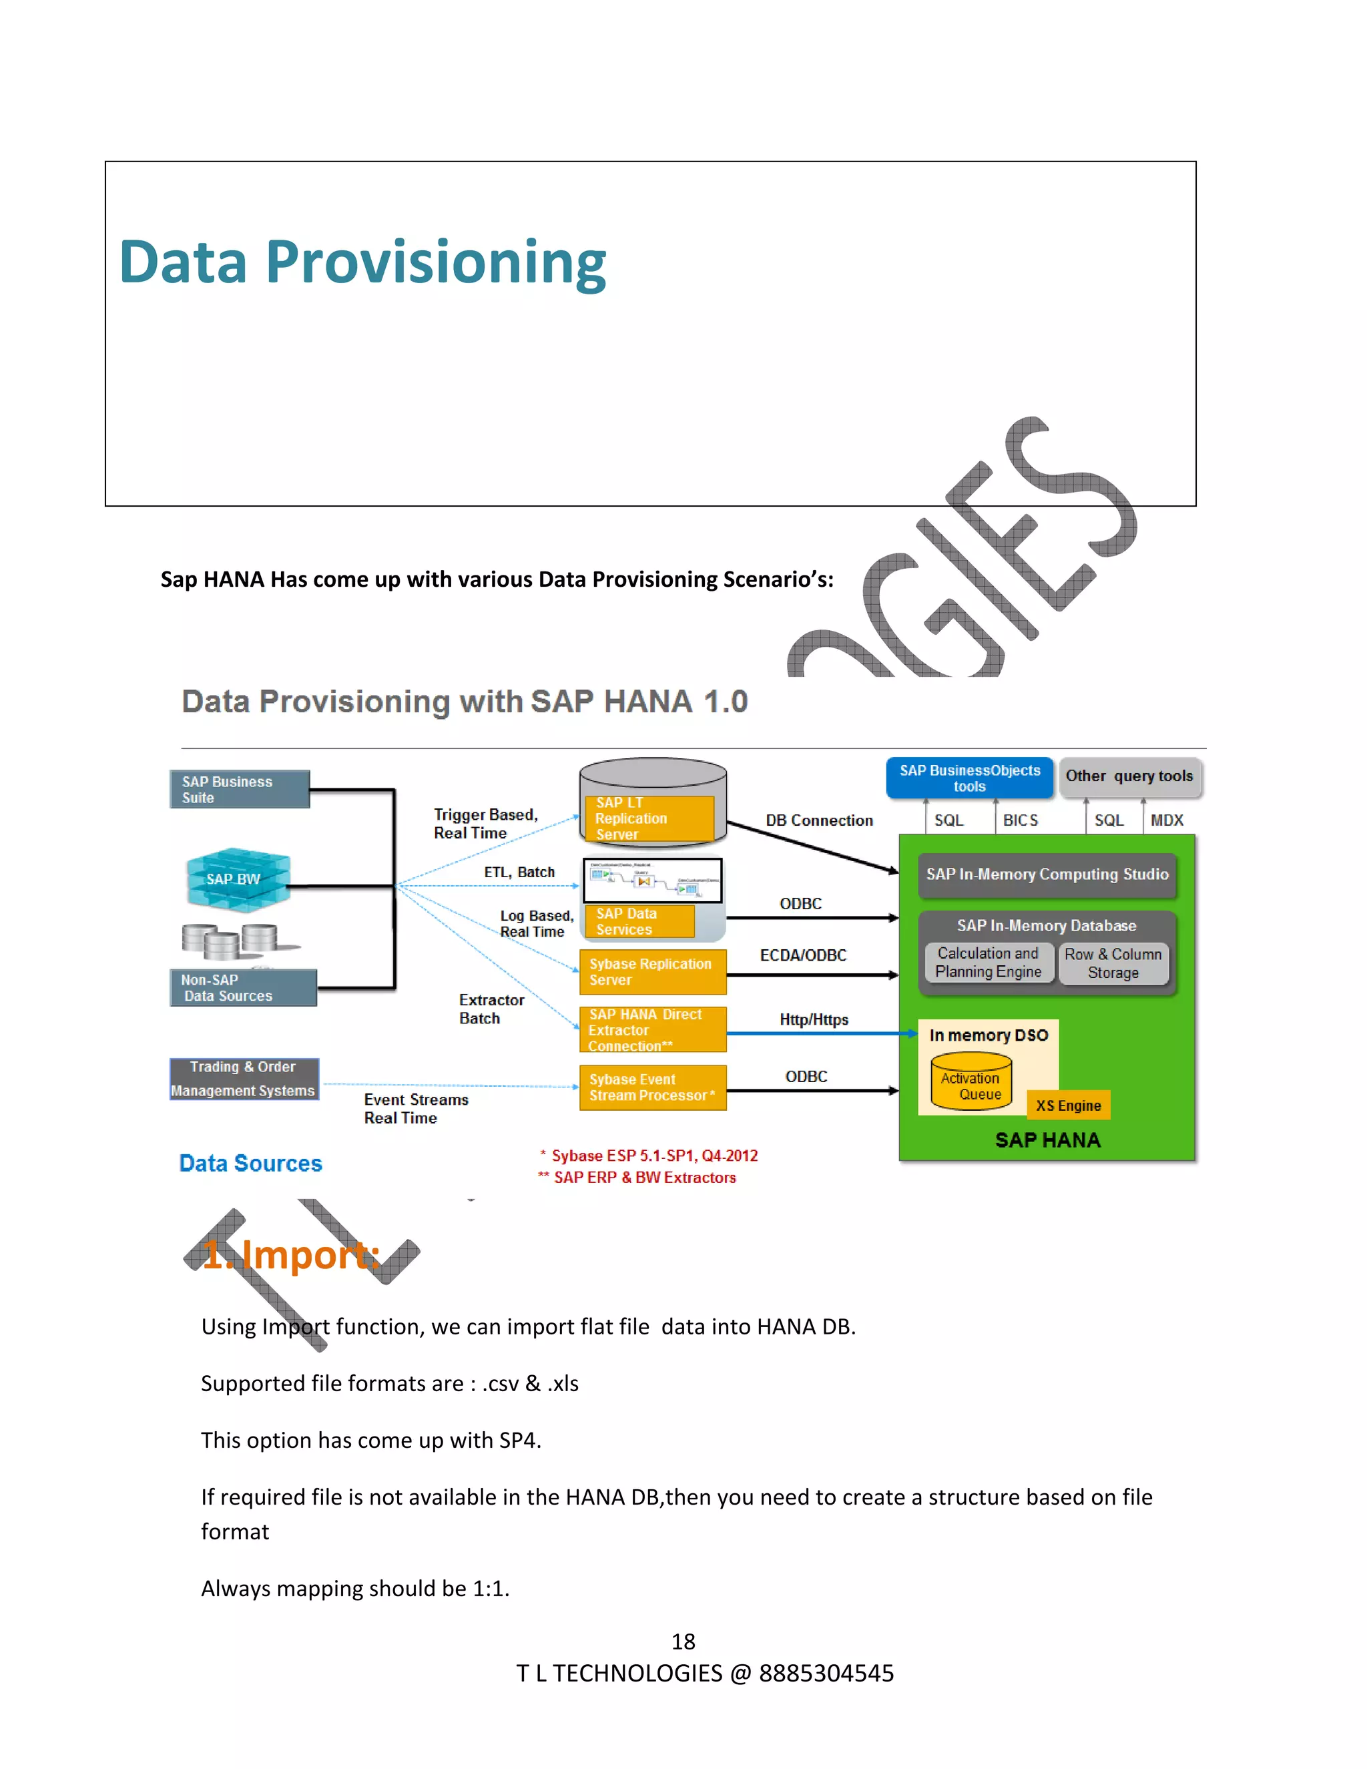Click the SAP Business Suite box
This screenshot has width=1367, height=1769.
[240, 789]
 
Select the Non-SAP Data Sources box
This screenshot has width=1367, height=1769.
[243, 987]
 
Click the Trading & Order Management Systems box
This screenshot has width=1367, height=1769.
[244, 1079]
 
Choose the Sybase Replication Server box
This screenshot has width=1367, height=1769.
[653, 972]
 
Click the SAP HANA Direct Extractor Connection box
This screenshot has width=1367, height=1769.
[653, 1029]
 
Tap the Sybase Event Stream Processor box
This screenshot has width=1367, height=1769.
[653, 1087]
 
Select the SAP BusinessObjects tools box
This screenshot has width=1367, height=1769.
[969, 778]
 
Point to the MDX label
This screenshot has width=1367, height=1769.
[1166, 820]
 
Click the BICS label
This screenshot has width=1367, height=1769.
[1021, 820]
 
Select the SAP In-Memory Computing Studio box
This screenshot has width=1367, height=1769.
[1047, 874]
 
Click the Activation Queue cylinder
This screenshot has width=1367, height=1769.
[971, 1081]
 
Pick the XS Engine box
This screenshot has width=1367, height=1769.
[1068, 1105]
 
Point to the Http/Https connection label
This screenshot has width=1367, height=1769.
[814, 1020]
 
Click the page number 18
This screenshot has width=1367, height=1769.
[683, 1642]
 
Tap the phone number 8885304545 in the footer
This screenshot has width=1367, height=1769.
[826, 1674]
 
